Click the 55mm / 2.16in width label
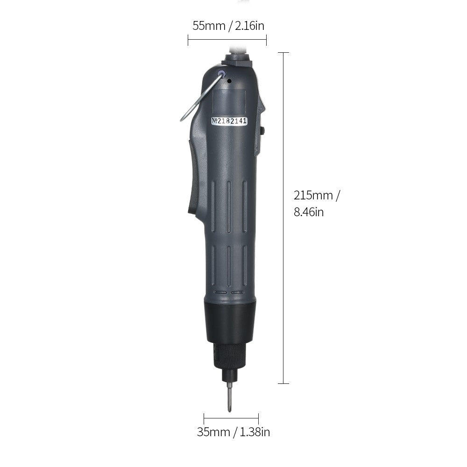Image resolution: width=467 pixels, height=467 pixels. pos(228,26)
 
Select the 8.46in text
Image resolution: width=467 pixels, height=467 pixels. pos(309,212)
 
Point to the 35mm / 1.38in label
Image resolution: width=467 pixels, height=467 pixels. pos(233,432)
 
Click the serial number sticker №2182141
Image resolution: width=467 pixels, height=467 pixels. pos(230,121)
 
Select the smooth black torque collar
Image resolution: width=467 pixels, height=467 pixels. pos(230,322)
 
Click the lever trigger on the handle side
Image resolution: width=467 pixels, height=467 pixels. pos(194,177)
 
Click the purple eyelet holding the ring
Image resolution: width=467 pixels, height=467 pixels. pos(222,73)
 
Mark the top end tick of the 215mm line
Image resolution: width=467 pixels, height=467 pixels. pos(283,53)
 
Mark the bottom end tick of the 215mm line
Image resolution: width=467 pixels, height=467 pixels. pos(283,383)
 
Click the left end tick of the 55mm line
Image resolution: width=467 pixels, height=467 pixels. pos(188,41)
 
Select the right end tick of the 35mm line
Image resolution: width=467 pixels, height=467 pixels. pos(258,418)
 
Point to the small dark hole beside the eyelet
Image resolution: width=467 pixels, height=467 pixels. pos(229,81)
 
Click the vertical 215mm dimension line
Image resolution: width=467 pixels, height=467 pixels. pos(283,280)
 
